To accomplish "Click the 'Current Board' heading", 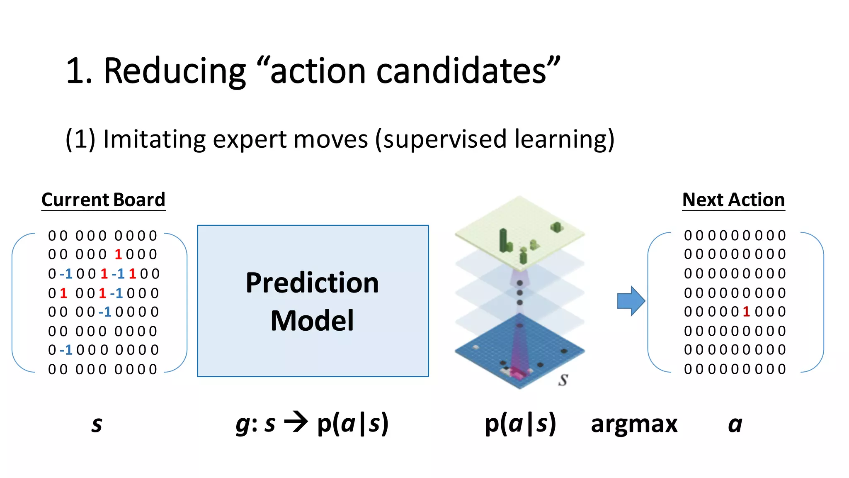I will pos(103,200).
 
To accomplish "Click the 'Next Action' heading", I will pos(733,200).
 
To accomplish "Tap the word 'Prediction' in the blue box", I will pos(312,283).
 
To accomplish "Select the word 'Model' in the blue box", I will pos(312,321).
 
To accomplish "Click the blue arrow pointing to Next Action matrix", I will pos(631,301).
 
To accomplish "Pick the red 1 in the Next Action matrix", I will pos(746,312).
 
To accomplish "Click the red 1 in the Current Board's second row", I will pos(118,254).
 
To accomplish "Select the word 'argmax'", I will pos(634,424).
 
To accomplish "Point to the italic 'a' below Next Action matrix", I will pos(735,424).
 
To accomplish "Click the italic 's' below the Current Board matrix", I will pos(97,424).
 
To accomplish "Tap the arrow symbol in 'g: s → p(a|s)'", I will pos(296,423).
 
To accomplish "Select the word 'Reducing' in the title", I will pos(175,71).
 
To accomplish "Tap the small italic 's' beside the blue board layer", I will pos(563,380).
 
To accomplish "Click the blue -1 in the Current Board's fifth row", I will pos(105,312).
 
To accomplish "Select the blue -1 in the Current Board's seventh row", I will pos(66,350).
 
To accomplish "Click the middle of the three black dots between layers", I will pos(519,293).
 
